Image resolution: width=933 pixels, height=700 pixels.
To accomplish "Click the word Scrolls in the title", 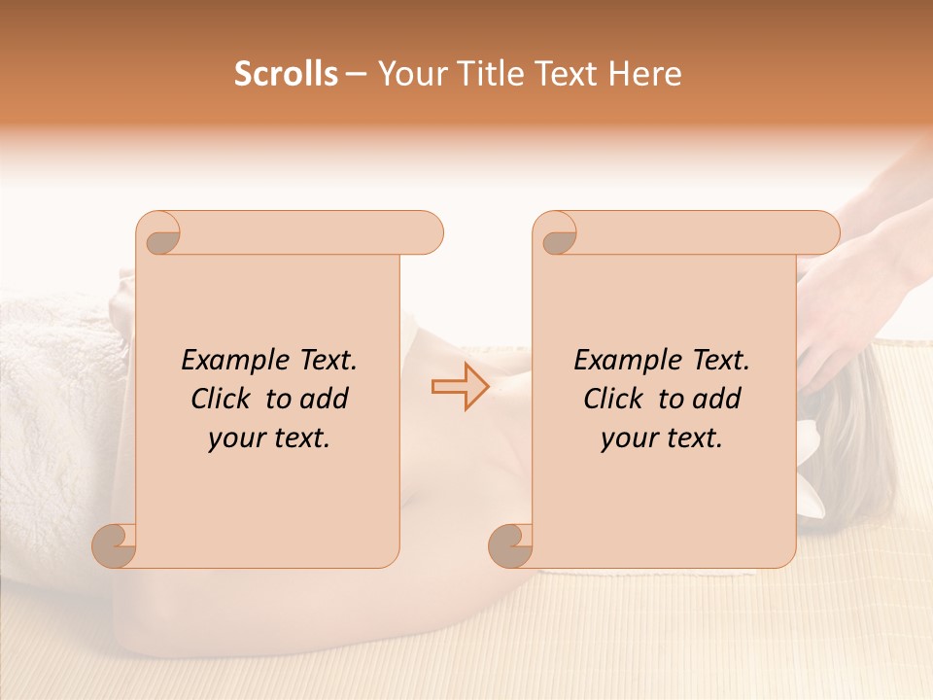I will click(287, 74).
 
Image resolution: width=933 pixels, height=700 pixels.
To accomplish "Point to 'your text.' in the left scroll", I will click(269, 438).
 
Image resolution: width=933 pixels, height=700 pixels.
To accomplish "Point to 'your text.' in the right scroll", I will click(662, 438).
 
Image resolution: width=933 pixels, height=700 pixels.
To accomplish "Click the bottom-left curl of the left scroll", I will click(115, 546).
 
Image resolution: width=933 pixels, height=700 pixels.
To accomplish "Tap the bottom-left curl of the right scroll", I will click(511, 546).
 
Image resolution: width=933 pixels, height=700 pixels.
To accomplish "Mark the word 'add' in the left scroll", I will click(324, 399).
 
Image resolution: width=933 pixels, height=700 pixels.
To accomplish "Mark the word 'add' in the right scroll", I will click(716, 399).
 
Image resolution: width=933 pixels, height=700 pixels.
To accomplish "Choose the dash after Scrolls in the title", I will click(356, 75).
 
